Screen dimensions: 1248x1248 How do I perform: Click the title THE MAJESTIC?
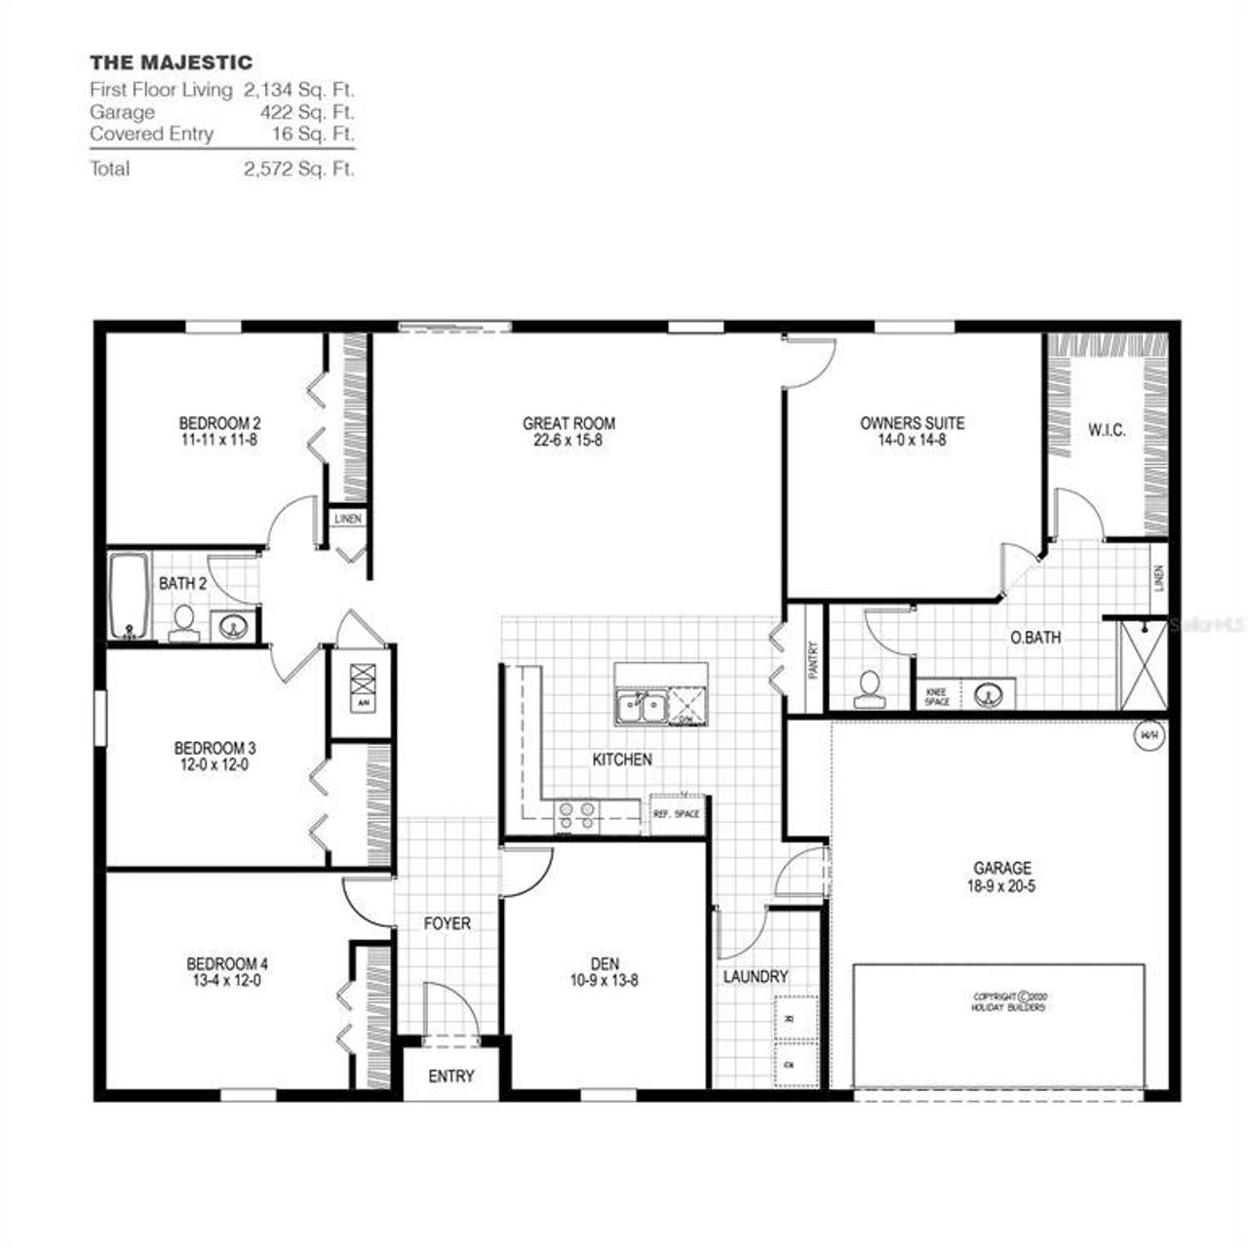(171, 63)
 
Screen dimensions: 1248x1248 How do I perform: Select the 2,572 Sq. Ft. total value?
(298, 169)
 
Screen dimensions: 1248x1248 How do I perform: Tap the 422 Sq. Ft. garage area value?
(306, 112)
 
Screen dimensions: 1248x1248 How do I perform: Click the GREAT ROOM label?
(568, 423)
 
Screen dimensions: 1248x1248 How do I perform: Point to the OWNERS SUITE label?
(912, 423)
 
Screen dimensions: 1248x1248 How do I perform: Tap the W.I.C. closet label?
(1107, 430)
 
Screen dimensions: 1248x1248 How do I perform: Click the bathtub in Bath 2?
(128, 597)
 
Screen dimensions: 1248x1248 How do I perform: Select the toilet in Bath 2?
(182, 624)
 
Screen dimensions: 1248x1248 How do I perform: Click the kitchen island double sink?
(640, 706)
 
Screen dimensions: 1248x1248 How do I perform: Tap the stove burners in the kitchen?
(576, 815)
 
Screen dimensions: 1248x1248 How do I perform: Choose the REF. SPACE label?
(676, 814)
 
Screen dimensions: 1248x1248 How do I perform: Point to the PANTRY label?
(813, 659)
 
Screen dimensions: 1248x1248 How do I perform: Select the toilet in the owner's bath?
(866, 687)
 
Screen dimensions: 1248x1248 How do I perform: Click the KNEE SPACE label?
(936, 696)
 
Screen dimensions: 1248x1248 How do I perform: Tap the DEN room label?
(604, 964)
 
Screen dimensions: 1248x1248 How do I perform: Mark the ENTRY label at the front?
(450, 1076)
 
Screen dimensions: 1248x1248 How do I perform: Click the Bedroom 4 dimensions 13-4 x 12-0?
(227, 981)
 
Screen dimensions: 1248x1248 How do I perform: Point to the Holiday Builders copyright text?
(1008, 1001)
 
